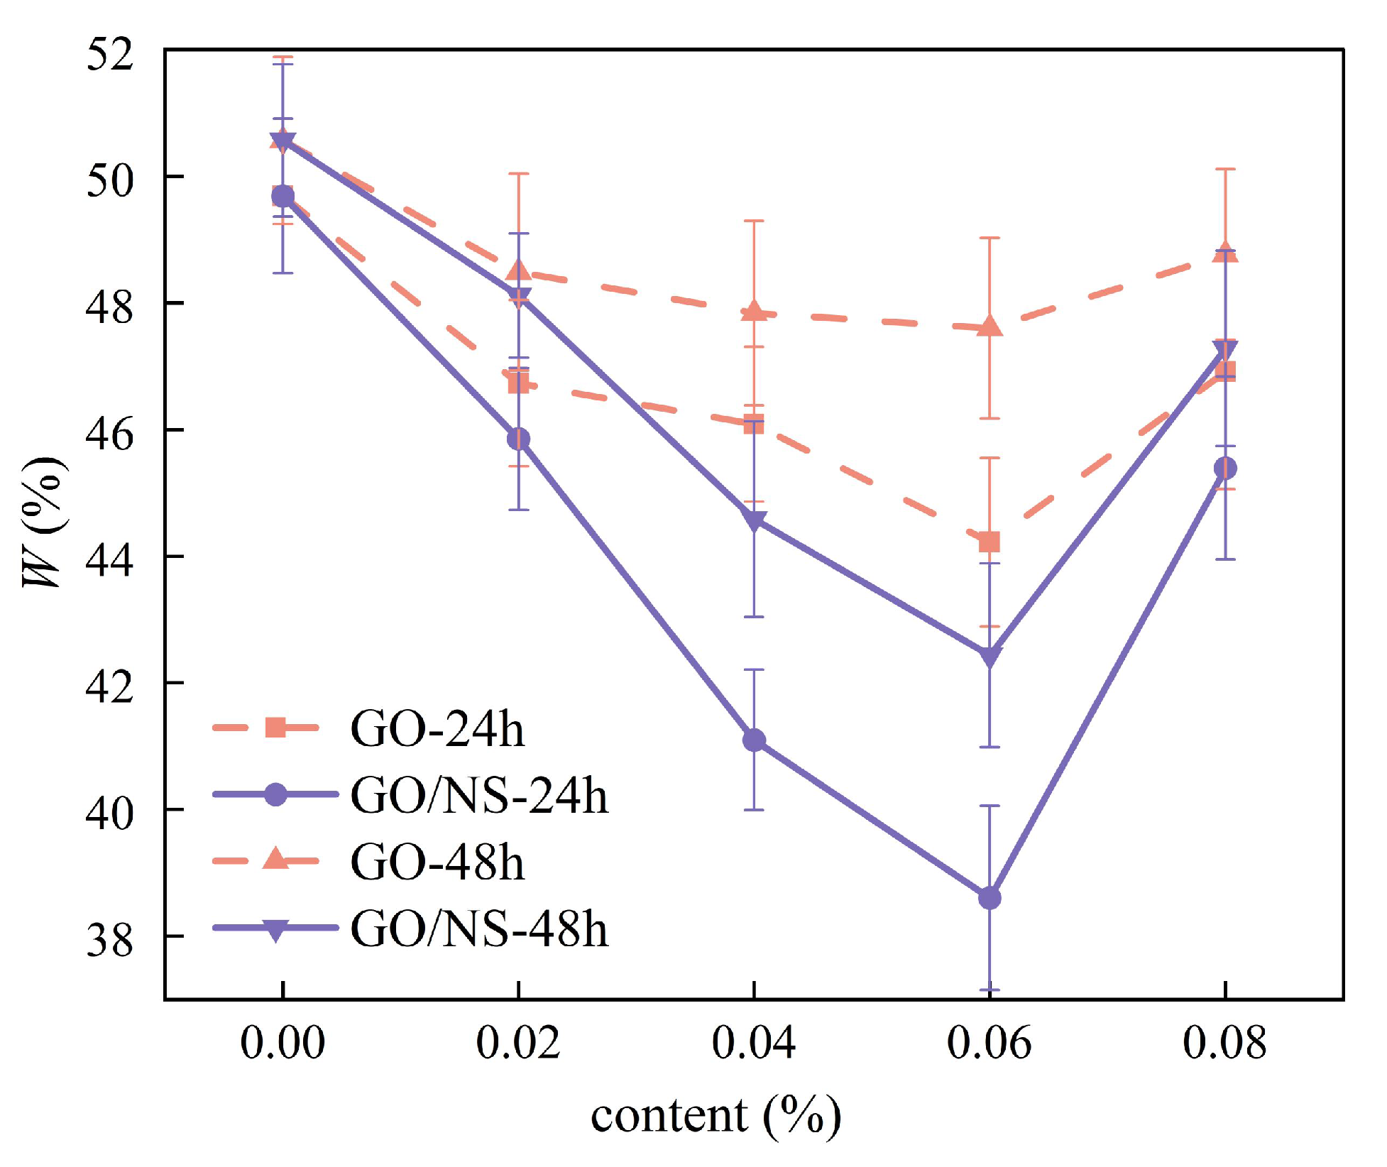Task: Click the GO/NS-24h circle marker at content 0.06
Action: point(989,898)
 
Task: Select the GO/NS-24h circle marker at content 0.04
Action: point(754,740)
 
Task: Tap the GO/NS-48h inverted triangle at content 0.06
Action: point(989,657)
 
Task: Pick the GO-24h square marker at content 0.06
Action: point(989,542)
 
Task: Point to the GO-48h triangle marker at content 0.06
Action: point(989,326)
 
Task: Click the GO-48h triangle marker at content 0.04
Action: point(754,310)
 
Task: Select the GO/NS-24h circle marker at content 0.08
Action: point(1225,469)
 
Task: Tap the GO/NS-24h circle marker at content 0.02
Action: point(519,439)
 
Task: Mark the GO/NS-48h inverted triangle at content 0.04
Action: point(754,521)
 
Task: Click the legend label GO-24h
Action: point(437,729)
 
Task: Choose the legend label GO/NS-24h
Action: point(480,795)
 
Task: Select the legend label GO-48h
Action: point(437,862)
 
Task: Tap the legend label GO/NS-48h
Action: point(480,928)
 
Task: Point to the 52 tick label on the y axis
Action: point(109,53)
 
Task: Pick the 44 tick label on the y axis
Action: point(109,560)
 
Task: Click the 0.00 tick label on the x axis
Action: point(283,1044)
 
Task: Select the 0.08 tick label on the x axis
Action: point(1224,1044)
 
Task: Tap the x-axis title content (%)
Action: point(716,1117)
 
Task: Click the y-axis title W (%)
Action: point(44,523)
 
